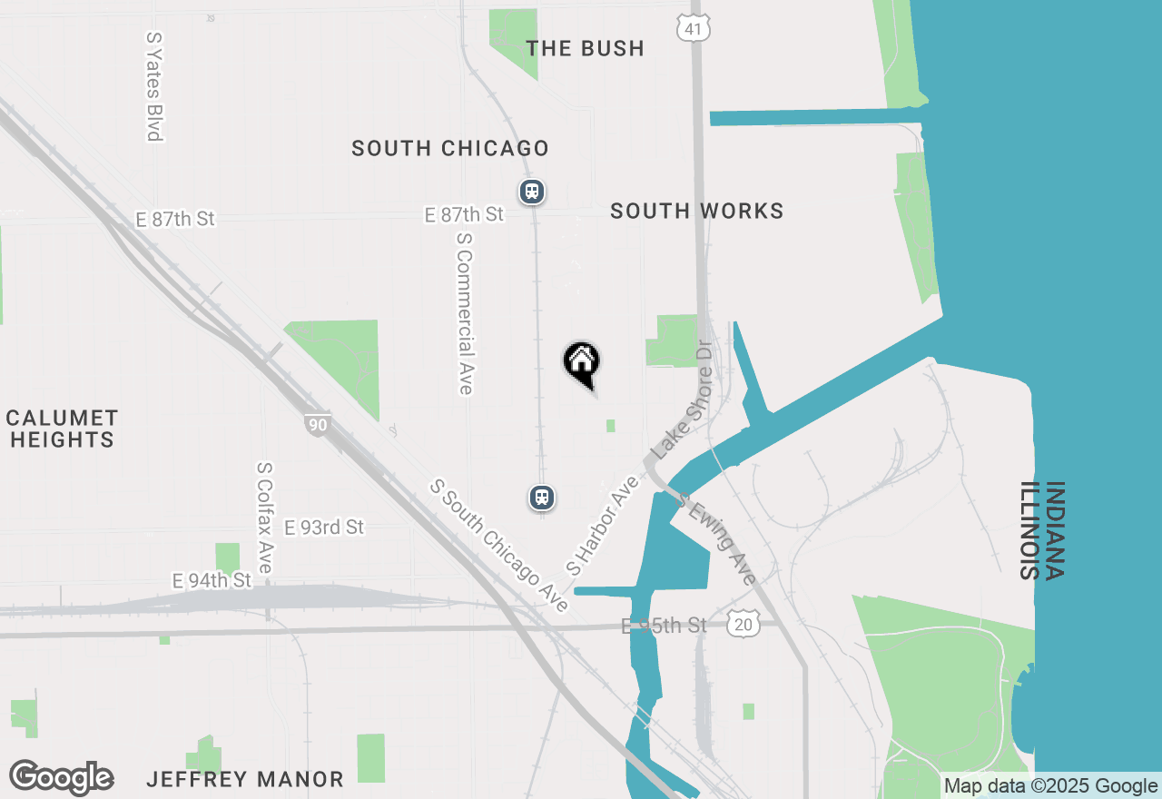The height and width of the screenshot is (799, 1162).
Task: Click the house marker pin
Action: pos(582,363)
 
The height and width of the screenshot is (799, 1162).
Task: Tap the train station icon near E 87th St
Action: pos(532,192)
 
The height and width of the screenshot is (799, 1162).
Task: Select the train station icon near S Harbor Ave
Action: pos(542,498)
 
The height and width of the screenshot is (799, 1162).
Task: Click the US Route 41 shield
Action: pos(693,27)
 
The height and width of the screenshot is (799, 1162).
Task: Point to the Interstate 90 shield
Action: pos(317,424)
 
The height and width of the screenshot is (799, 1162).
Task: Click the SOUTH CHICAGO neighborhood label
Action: pos(450,148)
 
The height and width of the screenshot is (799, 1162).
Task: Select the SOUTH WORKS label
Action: pos(696,211)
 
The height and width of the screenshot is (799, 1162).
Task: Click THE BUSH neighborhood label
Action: pos(586,48)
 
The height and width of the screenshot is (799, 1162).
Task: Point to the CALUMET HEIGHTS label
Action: pos(62,429)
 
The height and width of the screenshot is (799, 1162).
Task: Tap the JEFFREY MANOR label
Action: pos(245,779)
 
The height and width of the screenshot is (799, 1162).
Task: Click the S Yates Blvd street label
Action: pos(153,87)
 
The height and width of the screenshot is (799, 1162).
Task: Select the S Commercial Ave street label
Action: pos(465,313)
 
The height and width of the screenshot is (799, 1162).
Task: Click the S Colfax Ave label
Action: pos(264,518)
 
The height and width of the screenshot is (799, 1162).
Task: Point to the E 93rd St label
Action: pos(324,528)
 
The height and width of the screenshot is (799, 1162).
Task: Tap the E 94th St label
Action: pos(212,580)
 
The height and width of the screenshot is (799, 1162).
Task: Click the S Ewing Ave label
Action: pos(717,542)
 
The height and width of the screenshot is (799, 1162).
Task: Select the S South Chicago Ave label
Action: pos(500,547)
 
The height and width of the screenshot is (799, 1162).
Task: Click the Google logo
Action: pos(61,778)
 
